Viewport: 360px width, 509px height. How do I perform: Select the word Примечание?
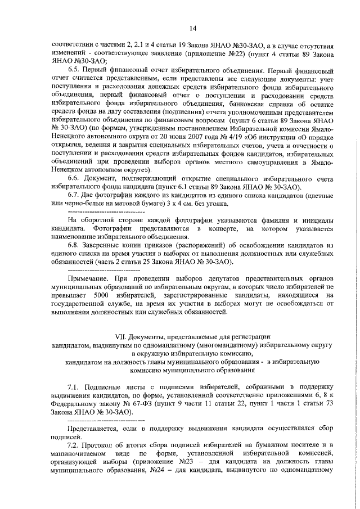tap(87, 278)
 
